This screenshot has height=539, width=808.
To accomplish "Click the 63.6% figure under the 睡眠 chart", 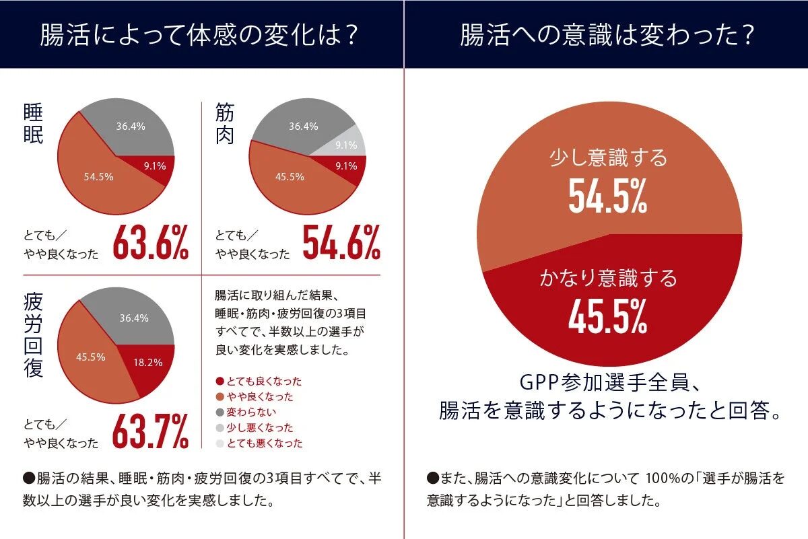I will [150, 243].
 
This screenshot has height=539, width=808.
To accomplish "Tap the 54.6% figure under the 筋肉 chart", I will [341, 243].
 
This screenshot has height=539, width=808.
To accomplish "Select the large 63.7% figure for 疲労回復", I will [150, 431].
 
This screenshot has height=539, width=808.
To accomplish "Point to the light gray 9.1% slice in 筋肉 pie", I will [346, 144].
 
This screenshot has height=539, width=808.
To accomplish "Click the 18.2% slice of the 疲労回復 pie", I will [149, 361].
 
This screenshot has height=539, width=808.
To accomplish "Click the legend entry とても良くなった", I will [259, 381].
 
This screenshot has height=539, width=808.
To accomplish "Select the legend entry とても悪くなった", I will [259, 443].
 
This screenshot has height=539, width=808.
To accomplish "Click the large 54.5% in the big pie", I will [608, 196].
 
